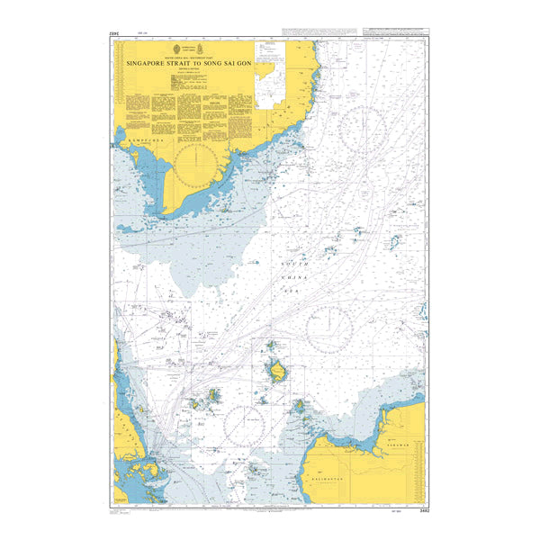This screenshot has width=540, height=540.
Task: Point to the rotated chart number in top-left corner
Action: (x=112, y=36)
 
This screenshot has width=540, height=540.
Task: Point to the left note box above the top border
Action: (x=310, y=31)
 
